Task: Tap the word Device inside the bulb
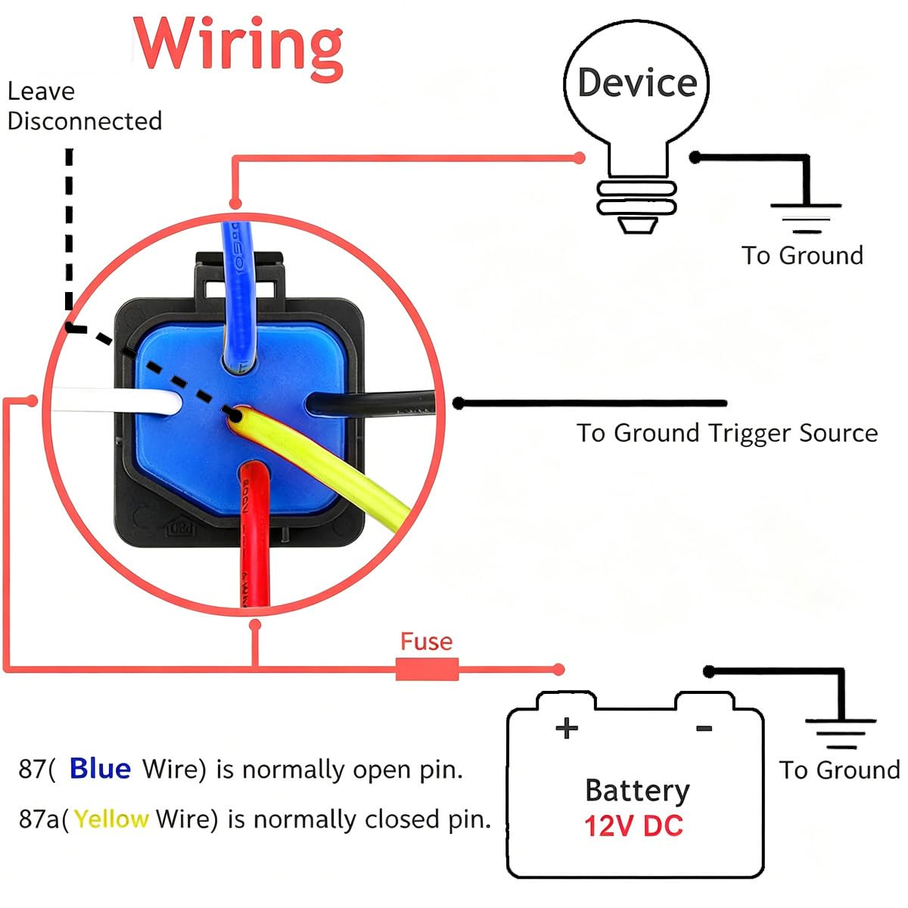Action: pos(637,83)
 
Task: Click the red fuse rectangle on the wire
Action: pos(427,670)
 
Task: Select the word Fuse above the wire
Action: pos(427,642)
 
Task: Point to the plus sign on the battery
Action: pos(567,729)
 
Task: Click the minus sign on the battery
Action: pos(704,729)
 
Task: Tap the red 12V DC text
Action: pos(633,826)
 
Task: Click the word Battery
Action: pos(637,791)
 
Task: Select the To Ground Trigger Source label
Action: pos(727,433)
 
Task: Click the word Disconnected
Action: pos(85,121)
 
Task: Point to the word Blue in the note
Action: pos(100,769)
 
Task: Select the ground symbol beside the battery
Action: pos(841,734)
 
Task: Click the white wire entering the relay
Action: pos(116,400)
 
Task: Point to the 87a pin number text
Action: pos(39,819)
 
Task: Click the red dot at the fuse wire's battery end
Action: pos(558,669)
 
